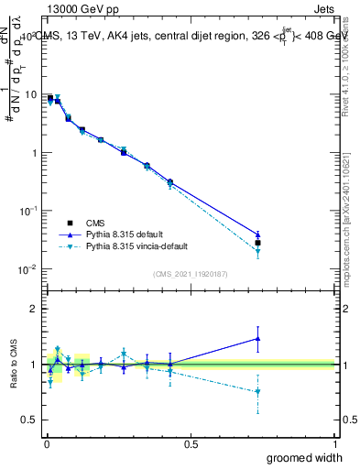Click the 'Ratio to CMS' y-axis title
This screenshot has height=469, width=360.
click(14, 364)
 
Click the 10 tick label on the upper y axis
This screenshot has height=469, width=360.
click(33, 94)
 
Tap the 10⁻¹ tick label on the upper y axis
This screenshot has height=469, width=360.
click(30, 211)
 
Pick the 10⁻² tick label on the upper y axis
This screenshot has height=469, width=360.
click(30, 268)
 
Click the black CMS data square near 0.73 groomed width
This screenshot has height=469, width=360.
click(258, 243)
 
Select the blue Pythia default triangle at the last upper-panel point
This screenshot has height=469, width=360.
click(258, 234)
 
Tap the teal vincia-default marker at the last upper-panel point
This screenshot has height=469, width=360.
click(258, 251)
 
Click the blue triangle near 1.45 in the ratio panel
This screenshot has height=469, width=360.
click(258, 338)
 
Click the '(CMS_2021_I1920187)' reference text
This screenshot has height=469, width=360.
click(191, 273)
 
